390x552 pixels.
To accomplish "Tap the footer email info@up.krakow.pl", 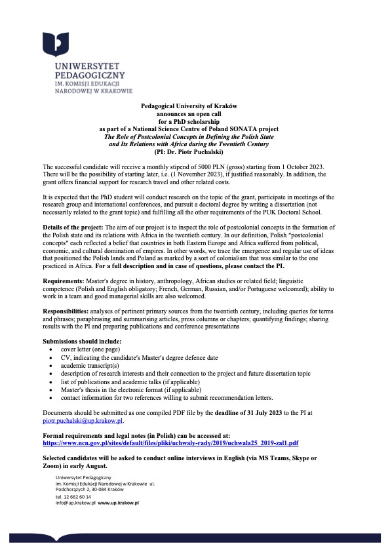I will tap(76, 503).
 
